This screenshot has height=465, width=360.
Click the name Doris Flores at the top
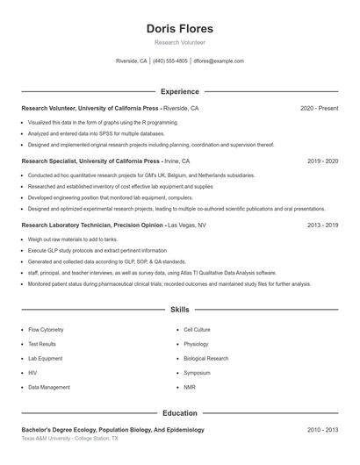pyautogui.click(x=179, y=28)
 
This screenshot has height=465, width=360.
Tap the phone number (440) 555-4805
pyautogui.click(x=170, y=61)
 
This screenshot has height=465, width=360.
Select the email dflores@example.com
pyautogui.click(x=219, y=61)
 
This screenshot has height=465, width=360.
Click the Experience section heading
pyautogui.click(x=179, y=91)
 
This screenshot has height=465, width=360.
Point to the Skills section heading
pyautogui.click(x=179, y=310)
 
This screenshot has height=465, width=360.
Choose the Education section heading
pyautogui.click(x=179, y=412)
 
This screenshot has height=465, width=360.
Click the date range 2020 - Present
pyautogui.click(x=319, y=109)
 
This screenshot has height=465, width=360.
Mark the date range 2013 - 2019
pyautogui.click(x=322, y=225)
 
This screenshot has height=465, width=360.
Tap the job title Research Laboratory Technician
pyautogui.click(x=67, y=225)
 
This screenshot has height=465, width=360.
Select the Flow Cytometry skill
pyautogui.click(x=47, y=330)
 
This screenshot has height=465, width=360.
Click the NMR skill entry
pyautogui.click(x=189, y=387)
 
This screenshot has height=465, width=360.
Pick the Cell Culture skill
pyautogui.click(x=197, y=330)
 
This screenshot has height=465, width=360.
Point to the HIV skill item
pyautogui.click(x=32, y=373)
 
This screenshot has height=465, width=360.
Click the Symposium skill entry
pyautogui.click(x=197, y=373)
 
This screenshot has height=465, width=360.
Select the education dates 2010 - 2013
pyautogui.click(x=322, y=430)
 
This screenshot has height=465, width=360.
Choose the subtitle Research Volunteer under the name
pyautogui.click(x=179, y=42)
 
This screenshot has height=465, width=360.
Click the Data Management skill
pyautogui.click(x=49, y=387)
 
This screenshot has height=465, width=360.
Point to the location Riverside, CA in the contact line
pyautogui.click(x=132, y=61)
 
